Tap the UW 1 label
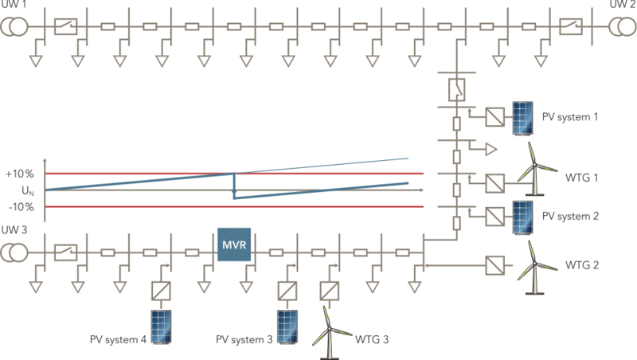[x=13, y=5]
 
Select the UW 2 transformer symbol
[x=619, y=26]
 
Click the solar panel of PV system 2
[x=524, y=216]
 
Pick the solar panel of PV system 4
[x=162, y=327]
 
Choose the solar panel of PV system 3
[x=287, y=327]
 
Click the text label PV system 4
[x=118, y=340]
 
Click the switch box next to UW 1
[x=64, y=26]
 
